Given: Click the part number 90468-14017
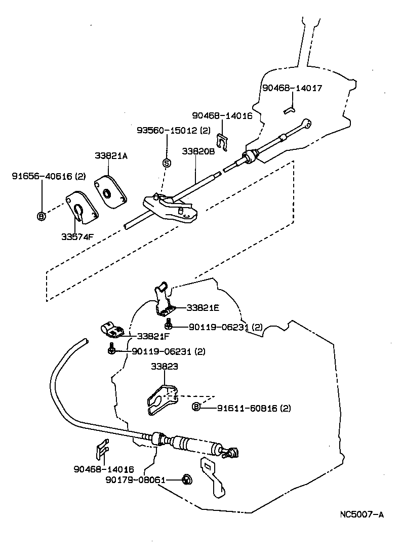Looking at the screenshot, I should coord(292,88).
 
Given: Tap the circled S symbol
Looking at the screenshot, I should coord(166,163).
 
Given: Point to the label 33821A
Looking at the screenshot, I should coord(110,156).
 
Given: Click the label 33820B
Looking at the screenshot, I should coord(199,151).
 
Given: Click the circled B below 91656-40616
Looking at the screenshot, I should coord(42,216).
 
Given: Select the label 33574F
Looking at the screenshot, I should coord(76,236).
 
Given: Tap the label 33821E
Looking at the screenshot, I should coord(203,307).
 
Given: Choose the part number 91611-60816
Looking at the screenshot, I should coord(247,408).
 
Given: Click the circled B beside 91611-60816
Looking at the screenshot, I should coord(197,407).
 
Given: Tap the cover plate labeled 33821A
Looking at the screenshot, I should coord(110,189).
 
